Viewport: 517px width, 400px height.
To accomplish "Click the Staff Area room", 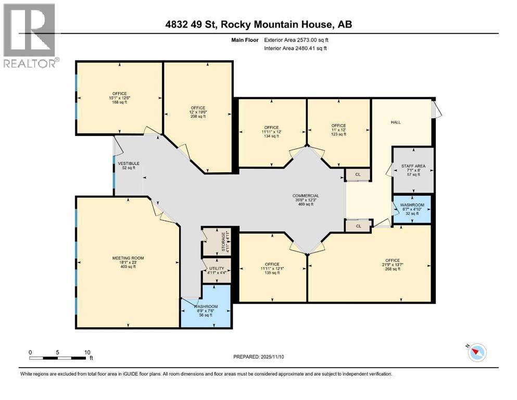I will coord(412,170).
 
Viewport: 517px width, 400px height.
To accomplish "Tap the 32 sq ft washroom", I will coord(412,209).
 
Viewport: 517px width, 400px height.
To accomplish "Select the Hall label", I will coord(399,122).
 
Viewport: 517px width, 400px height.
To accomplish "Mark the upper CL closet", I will coord(358,175).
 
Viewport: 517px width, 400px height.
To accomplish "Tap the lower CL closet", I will coord(358,226).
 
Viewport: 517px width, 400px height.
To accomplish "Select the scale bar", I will coord(57,358).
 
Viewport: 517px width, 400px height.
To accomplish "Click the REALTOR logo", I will coord(30,35).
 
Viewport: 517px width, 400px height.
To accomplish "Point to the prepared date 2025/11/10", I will coord(258,357).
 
